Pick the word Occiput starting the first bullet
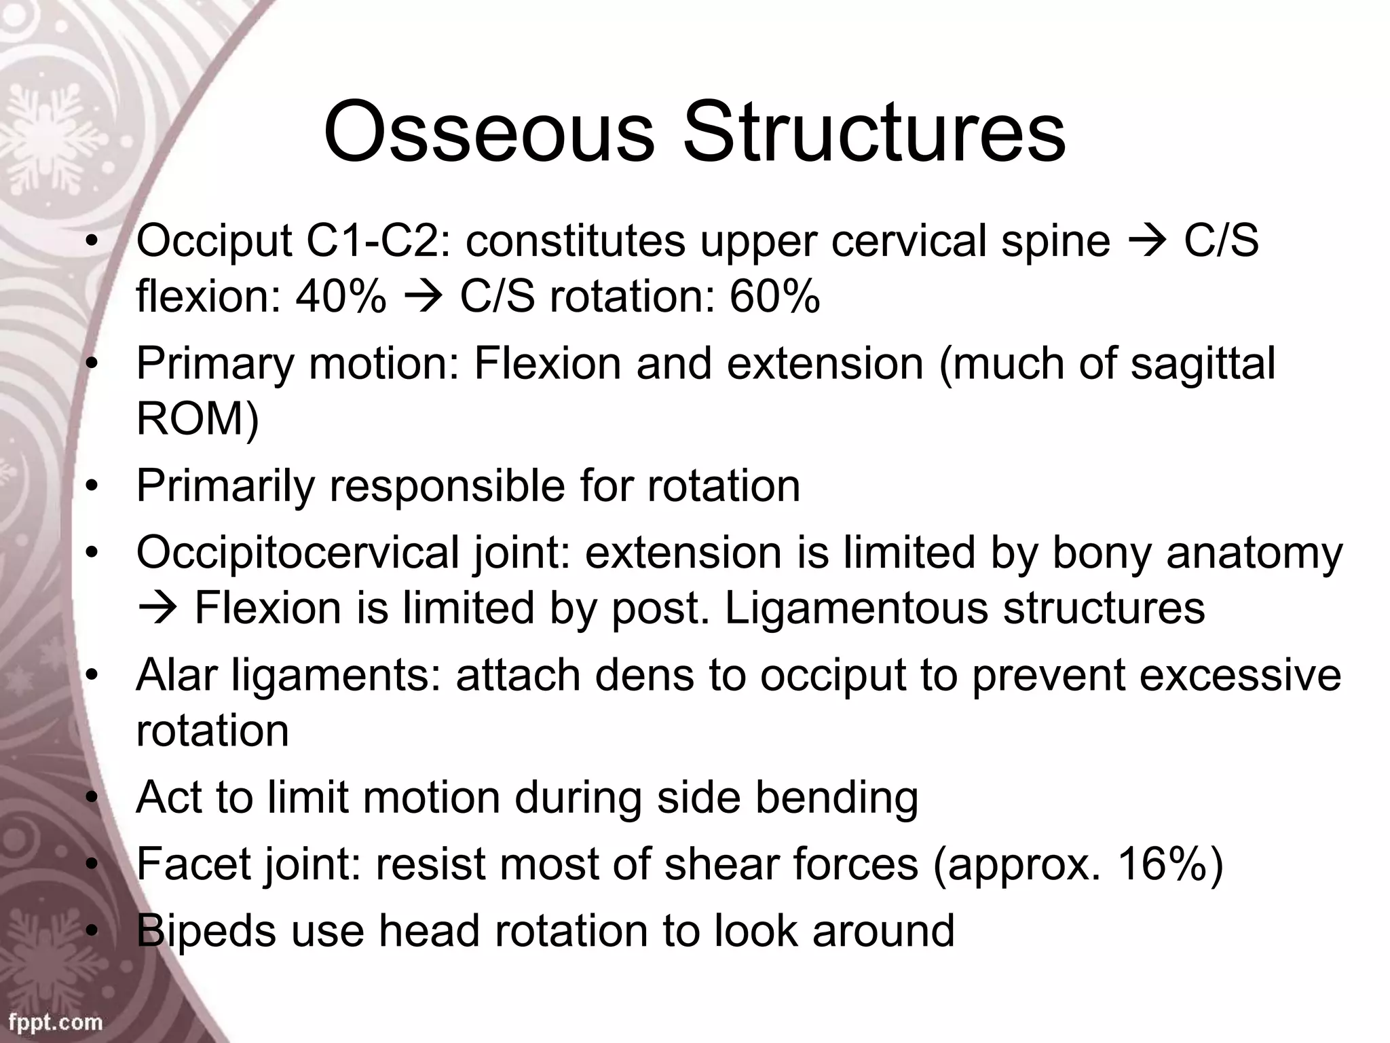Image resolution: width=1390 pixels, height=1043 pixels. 214,242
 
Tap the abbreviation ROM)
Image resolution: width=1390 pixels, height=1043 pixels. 198,418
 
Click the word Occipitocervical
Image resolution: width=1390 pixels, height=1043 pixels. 298,553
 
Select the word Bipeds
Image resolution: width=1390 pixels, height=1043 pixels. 206,932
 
